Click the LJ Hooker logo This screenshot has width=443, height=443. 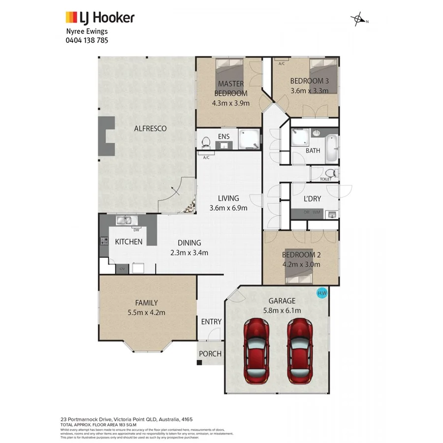pos(100,18)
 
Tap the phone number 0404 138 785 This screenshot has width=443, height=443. pos(87,40)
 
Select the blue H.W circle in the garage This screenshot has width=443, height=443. pos(322,293)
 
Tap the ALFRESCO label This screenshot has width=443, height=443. pos(150,128)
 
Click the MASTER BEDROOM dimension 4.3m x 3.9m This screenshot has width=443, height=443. pos(231,103)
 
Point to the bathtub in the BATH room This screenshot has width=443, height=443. pos(333,149)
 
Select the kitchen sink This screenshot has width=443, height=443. pos(124,221)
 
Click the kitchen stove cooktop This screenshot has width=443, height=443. pos(104,241)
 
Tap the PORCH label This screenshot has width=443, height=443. pos(210,354)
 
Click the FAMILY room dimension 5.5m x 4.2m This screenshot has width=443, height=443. pos(146,313)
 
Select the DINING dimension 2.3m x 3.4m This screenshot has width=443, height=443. pos(190,253)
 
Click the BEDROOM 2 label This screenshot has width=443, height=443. pos(301,255)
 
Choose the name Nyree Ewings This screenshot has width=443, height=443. pos(87,32)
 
